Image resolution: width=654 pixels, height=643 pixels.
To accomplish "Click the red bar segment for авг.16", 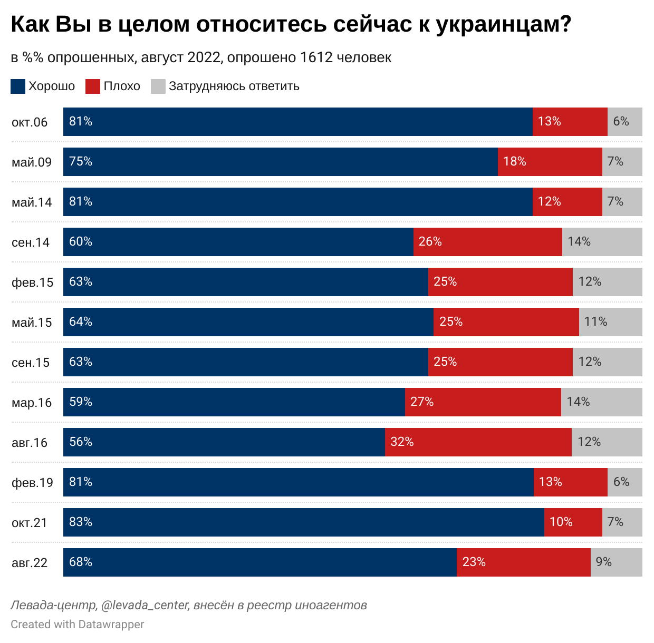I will coord(478,442).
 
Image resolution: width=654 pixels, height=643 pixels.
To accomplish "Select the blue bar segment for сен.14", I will coord(238,242).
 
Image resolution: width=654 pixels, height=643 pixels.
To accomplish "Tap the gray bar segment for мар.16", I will coord(601,402).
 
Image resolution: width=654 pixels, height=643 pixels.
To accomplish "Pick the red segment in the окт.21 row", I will coord(573,522).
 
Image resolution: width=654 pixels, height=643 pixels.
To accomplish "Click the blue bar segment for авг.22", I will coord(260,562).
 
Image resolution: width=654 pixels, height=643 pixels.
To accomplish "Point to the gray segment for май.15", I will coord(610,322).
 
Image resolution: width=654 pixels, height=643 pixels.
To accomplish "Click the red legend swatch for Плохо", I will coord(93,86).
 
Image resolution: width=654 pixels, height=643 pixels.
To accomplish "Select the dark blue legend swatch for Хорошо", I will coord(18,86).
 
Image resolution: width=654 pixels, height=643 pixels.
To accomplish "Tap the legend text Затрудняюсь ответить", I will coord(234,86).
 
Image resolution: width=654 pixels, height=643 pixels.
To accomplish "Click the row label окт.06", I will coord(30,122).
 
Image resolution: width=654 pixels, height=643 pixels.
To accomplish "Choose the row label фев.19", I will coord(32,483).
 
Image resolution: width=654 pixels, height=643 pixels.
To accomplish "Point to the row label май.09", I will coord(32,162).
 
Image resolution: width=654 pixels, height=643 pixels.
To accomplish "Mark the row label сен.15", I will coord(31,363).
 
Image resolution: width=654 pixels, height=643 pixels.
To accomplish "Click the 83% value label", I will coord(81,522).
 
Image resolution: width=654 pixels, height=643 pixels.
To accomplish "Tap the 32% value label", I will coord(402,442).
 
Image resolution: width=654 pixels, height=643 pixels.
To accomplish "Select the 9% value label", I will coord(603,562).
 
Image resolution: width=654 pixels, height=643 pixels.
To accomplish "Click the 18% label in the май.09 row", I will coord(514,161).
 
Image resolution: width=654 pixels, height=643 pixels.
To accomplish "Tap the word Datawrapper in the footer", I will coord(111,625).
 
